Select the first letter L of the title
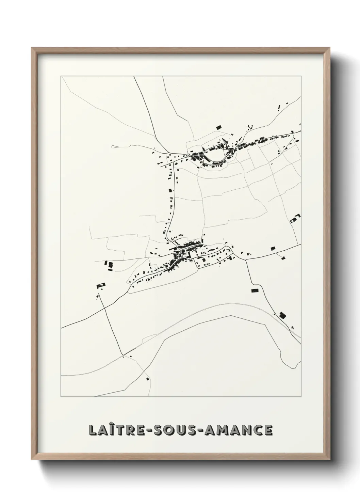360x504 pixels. [92, 430]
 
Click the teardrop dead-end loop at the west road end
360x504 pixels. [114, 147]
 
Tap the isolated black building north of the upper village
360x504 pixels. [219, 127]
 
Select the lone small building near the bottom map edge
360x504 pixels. [148, 378]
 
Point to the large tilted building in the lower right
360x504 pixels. [282, 315]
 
